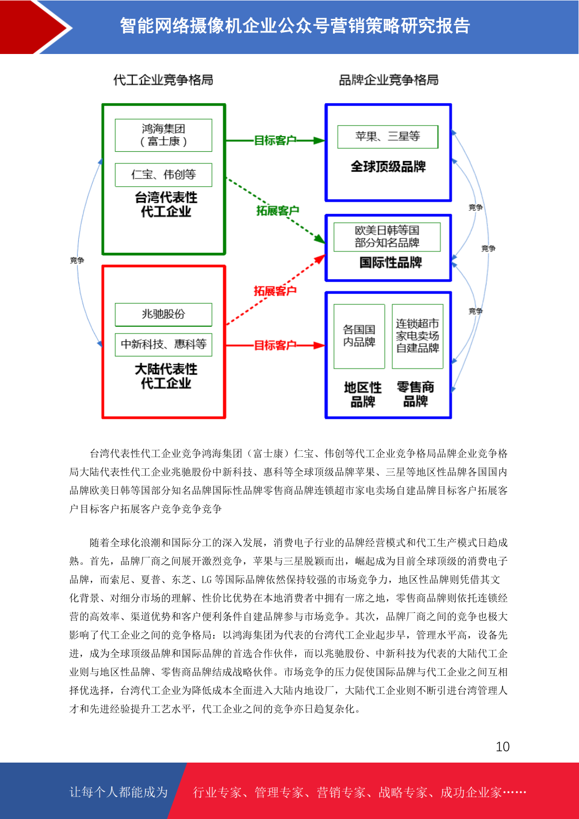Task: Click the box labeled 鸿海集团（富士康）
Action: (x=163, y=135)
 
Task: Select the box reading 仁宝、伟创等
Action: (x=163, y=175)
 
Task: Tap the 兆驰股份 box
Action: (x=163, y=314)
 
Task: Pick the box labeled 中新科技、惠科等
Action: (x=163, y=344)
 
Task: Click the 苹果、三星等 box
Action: (x=387, y=137)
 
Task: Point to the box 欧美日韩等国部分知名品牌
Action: (x=387, y=237)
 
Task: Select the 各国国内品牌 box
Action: (x=359, y=336)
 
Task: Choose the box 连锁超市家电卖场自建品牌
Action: (x=418, y=336)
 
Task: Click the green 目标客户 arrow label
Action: (x=275, y=141)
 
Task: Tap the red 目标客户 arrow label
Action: (x=275, y=345)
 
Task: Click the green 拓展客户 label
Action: (x=278, y=211)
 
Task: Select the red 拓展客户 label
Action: (x=275, y=291)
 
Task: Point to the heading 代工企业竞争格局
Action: (x=163, y=80)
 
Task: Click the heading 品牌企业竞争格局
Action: (x=388, y=80)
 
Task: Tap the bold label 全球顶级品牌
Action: (x=388, y=167)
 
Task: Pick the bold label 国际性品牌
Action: (x=391, y=263)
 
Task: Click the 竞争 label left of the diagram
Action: (x=77, y=260)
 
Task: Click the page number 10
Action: (x=503, y=747)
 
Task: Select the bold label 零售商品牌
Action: (x=416, y=394)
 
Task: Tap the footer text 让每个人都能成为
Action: (x=119, y=792)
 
